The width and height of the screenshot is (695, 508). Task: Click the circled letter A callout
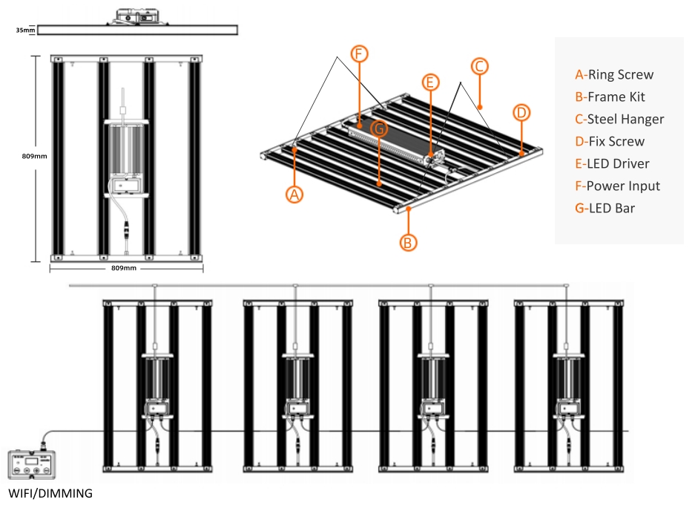coord(294,195)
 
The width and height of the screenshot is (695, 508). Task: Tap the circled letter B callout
coord(408,243)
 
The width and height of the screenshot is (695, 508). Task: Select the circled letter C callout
coord(479,67)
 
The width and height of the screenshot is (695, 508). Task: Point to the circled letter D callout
coord(521,113)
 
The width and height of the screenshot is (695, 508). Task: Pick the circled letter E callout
coord(430,82)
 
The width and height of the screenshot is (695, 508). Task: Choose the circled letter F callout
coord(359,53)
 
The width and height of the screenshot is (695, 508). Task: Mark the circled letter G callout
coord(379,129)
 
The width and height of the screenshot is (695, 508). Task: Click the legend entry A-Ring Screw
coord(614,74)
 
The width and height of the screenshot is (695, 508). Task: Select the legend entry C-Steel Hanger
coord(619,119)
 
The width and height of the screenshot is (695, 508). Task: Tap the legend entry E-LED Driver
coord(612,163)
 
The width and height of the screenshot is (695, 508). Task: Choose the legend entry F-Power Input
coord(617,186)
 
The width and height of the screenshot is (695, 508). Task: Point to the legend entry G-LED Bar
coord(605,208)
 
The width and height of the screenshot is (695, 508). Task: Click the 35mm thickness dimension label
coord(25,30)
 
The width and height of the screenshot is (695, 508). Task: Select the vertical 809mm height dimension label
coord(35,156)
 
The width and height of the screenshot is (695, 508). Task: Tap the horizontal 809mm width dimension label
coord(124,268)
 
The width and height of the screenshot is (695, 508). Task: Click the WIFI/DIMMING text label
coord(50,493)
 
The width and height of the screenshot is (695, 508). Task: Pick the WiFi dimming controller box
coord(31,464)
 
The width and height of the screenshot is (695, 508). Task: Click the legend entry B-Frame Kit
coord(610,97)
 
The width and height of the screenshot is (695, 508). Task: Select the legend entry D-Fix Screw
coord(610,141)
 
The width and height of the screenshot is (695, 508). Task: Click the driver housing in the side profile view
coord(137,17)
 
